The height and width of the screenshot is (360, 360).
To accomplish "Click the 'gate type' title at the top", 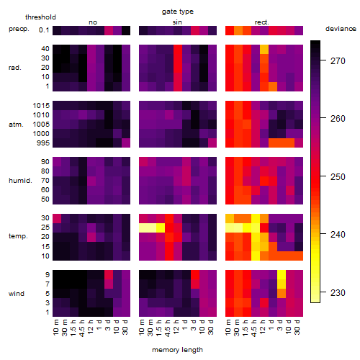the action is [x=178, y=12].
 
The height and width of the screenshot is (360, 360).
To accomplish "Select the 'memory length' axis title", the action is [x=177, y=350].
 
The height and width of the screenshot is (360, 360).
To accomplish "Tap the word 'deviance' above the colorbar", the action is [x=341, y=29].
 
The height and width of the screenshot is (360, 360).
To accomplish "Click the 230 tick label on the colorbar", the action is [x=338, y=293].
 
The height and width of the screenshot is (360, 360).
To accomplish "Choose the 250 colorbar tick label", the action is [x=338, y=177].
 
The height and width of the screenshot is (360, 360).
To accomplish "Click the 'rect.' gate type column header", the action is [x=261, y=22].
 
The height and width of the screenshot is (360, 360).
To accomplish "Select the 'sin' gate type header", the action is [x=177, y=22].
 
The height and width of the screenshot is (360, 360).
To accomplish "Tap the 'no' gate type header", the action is [x=93, y=22].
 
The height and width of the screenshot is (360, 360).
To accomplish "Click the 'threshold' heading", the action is [x=40, y=17].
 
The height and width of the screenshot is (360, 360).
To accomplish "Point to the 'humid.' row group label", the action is [x=20, y=181].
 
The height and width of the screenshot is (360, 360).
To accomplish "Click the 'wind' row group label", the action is [x=17, y=294].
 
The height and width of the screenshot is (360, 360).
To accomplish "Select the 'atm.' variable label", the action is [x=16, y=125].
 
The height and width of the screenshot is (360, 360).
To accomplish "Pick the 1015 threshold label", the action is [x=41, y=106].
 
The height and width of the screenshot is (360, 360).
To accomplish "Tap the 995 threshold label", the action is [x=43, y=143].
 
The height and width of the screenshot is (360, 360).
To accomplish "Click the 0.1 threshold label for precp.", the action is [x=44, y=30].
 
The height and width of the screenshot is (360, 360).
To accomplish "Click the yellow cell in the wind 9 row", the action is [x=282, y=274].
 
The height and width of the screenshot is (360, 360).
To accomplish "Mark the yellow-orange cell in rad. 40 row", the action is [x=264, y=49].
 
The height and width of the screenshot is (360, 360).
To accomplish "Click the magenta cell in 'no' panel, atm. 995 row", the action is [x=126, y=143].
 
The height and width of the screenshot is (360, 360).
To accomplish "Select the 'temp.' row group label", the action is [x=18, y=236].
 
